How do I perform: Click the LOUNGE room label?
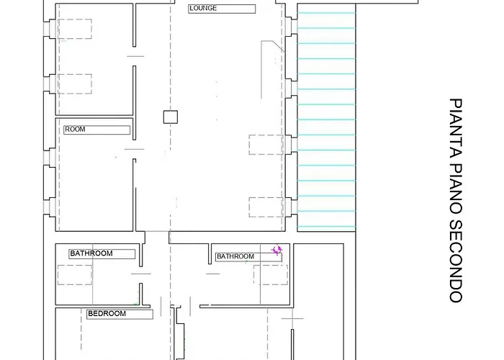203,9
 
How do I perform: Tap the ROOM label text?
75,129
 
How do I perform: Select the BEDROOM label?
107,314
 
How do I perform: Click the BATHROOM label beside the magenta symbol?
235,256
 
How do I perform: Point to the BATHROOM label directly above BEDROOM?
91,253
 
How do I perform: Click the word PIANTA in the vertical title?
456,129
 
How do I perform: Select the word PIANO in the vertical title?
456,189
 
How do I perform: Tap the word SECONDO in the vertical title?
456,261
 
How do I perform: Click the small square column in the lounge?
171,117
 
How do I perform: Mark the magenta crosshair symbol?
276,250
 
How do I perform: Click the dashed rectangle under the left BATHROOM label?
75,275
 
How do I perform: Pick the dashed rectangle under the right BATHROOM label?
271,275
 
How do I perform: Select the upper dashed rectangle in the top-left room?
75,29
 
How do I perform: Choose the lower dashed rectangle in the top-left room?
75,84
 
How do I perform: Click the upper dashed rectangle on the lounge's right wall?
266,145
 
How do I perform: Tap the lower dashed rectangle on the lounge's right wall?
266,207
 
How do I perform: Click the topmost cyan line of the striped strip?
326,13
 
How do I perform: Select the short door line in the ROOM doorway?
135,149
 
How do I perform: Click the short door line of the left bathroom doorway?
141,274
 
